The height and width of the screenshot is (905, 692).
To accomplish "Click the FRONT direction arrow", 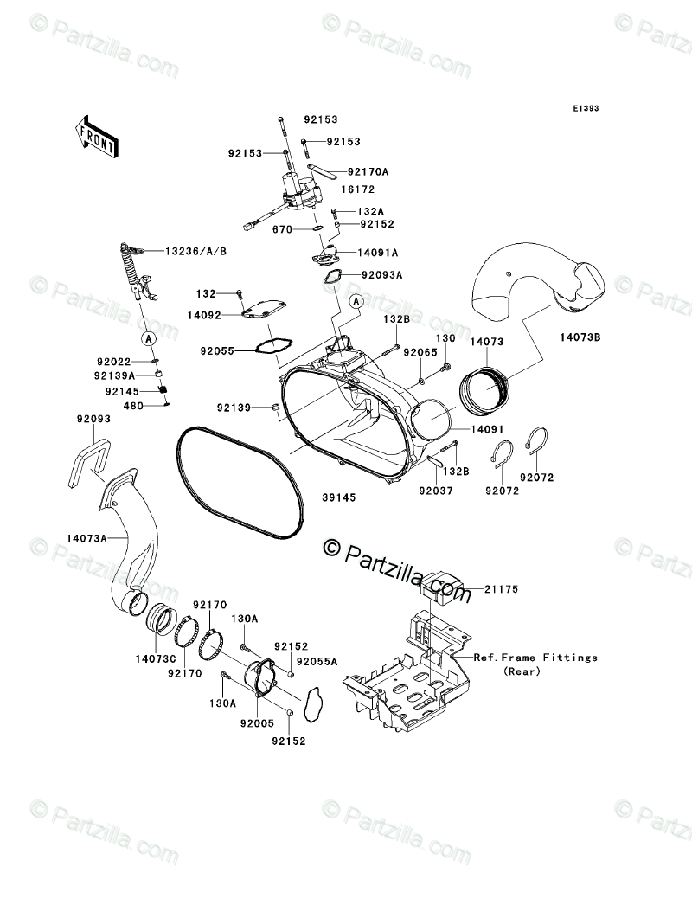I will (x=96, y=135).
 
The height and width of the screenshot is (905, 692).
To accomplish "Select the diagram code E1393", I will (x=585, y=110).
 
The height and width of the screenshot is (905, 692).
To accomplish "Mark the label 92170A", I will (x=368, y=172).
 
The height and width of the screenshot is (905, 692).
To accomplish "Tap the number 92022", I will (x=113, y=362).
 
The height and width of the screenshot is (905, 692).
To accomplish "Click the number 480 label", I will (x=134, y=405).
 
